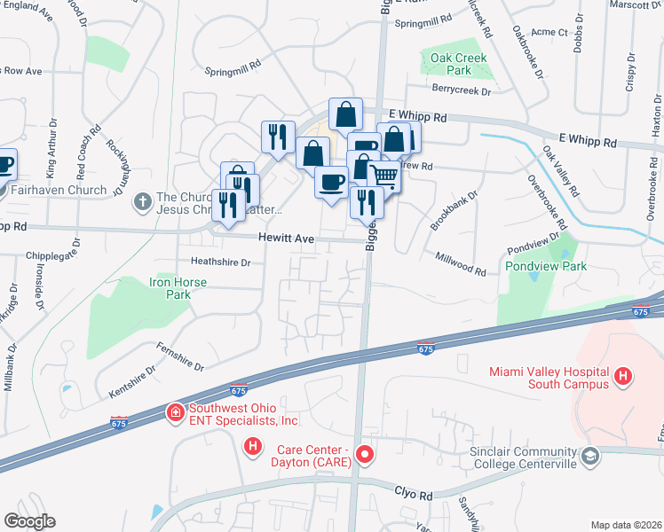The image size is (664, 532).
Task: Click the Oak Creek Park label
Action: pos(452,63)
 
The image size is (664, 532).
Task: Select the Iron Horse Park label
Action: pos(178,288)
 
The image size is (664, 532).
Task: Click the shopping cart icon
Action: pos(384,175)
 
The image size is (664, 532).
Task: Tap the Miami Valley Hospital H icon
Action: pos(624,377)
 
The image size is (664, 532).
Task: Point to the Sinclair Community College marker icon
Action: pos(590,456)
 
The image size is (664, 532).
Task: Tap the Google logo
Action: pos(29,521)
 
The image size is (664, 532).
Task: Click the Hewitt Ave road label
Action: pos(286,238)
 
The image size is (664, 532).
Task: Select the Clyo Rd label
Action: pos(412,490)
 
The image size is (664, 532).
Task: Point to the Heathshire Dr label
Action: pos(221,262)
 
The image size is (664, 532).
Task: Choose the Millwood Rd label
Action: pos(460,262)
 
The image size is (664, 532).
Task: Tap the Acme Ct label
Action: pos(550,32)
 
